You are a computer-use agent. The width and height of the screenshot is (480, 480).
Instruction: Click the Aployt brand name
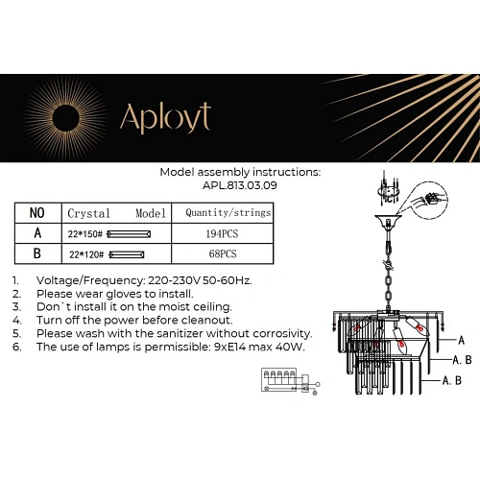[164, 117]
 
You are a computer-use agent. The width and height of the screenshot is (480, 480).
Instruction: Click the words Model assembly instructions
[240, 174]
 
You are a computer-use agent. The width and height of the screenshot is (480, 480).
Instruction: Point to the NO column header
[37, 212]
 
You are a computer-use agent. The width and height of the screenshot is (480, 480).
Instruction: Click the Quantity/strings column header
[227, 212]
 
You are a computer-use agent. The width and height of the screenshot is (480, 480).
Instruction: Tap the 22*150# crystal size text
[84, 234]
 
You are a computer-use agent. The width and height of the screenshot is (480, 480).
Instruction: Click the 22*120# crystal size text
[84, 255]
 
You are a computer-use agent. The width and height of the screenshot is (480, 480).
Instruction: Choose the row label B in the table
[37, 254]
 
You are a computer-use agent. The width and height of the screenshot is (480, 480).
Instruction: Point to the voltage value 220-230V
[170, 280]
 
